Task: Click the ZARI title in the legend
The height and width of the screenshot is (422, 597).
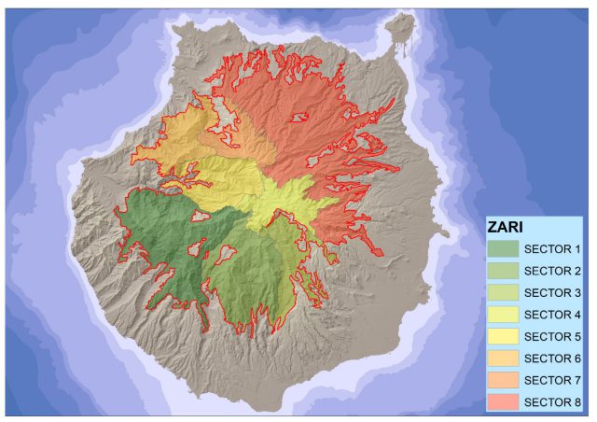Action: tap(506, 227)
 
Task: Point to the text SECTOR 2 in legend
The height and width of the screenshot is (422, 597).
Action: tap(553, 271)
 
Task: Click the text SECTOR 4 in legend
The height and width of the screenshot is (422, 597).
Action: tap(553, 315)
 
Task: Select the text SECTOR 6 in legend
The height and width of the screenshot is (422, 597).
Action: tap(553, 359)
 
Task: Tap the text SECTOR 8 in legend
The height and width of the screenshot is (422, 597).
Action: tap(553, 402)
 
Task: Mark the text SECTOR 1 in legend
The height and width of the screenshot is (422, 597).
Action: tap(553, 249)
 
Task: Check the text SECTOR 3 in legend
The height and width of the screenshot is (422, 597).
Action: tap(553, 293)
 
